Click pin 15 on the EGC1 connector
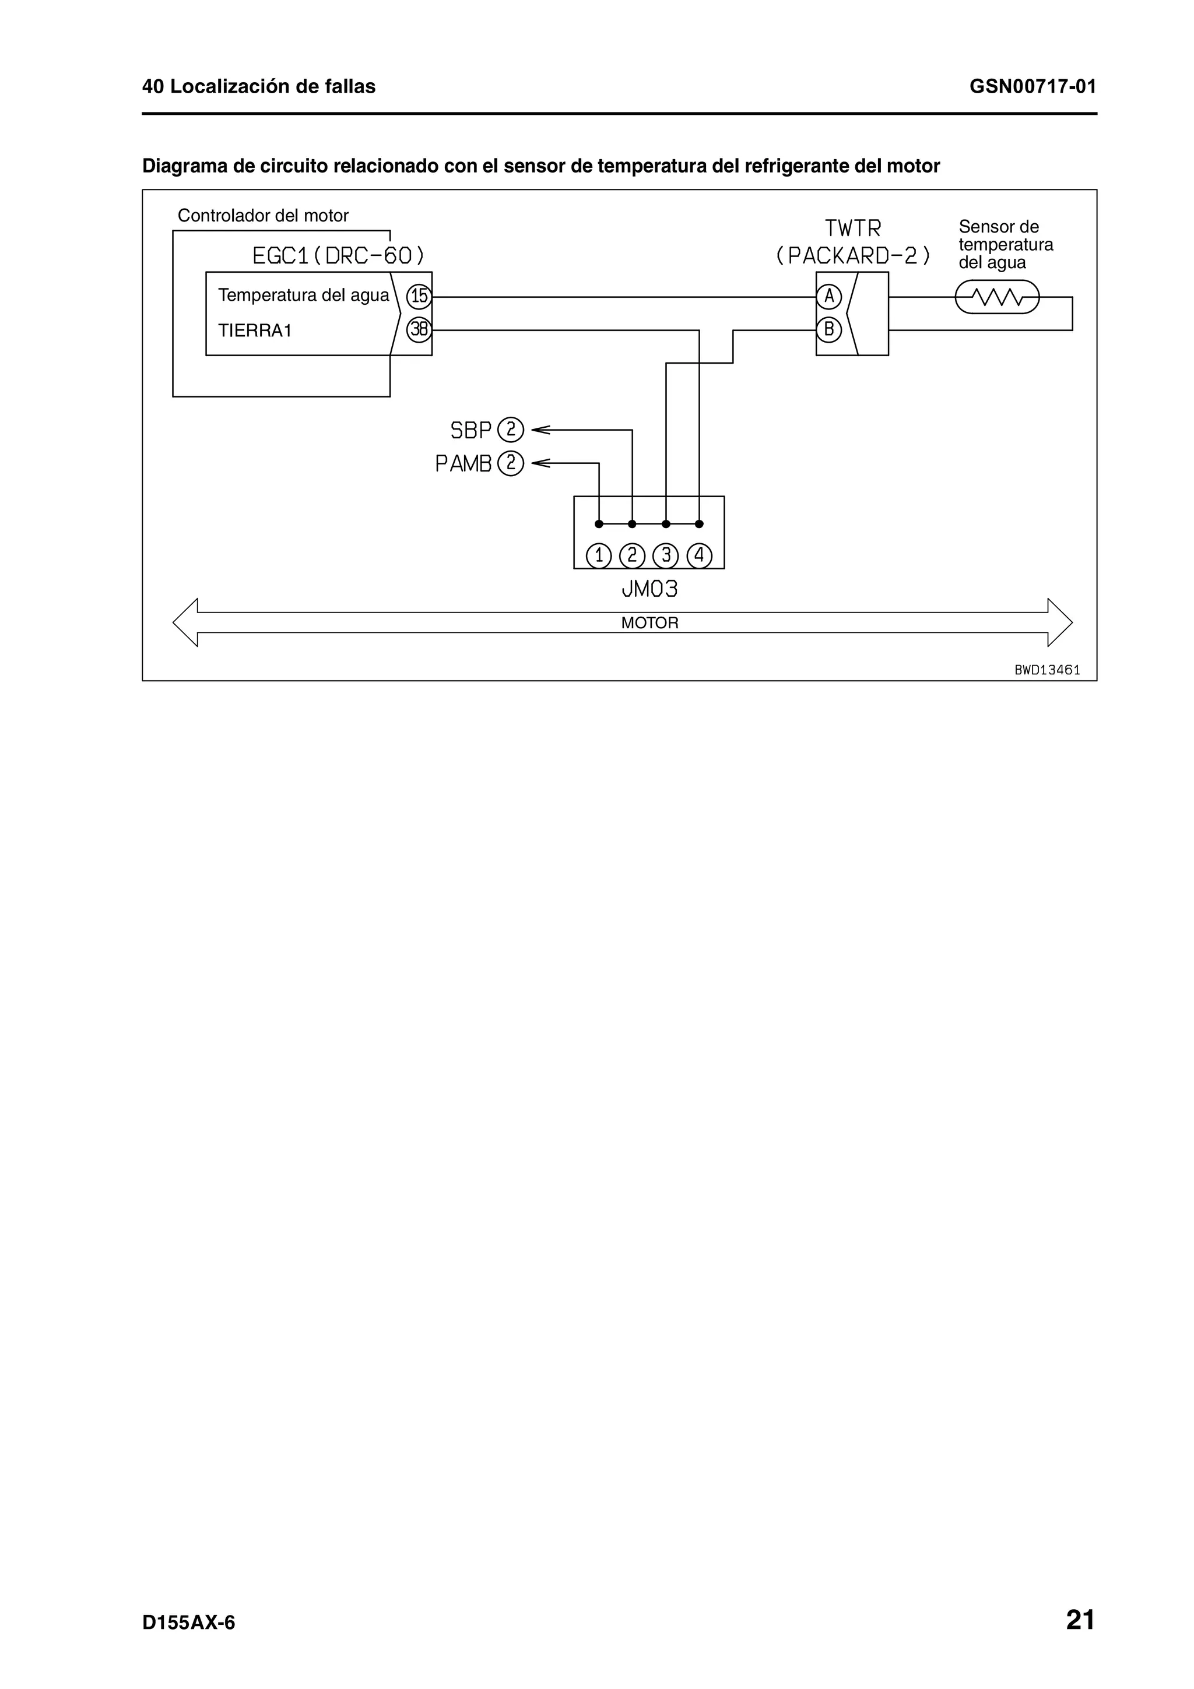coord(419,297)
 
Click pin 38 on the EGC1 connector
coord(419,329)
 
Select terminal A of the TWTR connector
coord(829,297)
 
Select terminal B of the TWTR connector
coord(829,329)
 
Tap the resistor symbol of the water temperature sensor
coord(997,298)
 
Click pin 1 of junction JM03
coord(599,555)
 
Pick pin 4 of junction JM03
coord(699,555)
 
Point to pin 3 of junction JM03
coord(666,555)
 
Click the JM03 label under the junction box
coord(649,589)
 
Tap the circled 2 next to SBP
coord(511,430)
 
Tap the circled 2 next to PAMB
coord(511,463)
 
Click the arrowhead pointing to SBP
coord(539,430)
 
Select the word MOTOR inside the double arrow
coord(649,623)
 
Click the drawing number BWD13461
coord(1047,670)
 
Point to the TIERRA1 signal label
coord(255,331)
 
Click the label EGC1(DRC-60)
coord(338,256)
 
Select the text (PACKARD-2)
coord(852,256)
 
